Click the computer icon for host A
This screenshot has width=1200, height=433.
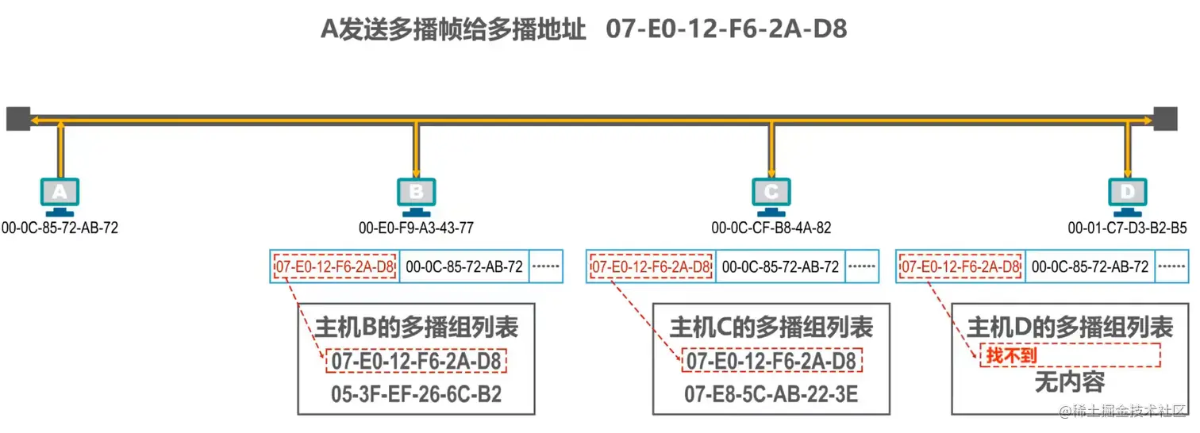tap(60, 195)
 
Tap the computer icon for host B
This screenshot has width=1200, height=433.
tap(415, 195)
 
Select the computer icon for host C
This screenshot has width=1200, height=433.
tap(771, 195)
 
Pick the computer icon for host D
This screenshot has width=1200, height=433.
tap(1127, 195)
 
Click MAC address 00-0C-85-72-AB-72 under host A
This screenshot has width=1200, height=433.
tap(60, 228)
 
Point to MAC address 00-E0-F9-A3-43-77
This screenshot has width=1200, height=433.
tap(416, 228)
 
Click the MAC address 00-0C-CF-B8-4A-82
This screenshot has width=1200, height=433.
tap(771, 228)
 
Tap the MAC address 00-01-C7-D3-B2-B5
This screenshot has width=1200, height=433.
tap(1127, 228)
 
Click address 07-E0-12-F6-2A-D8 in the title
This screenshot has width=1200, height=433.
tap(726, 29)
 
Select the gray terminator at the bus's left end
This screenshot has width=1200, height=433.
tap(17, 119)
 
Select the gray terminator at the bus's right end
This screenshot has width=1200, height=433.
tap(1166, 119)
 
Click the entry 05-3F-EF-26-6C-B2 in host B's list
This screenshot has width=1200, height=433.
tap(417, 394)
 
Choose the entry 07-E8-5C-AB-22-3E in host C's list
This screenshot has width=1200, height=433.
tap(771, 394)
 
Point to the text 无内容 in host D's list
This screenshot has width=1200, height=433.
tap(1069, 383)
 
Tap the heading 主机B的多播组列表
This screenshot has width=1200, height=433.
tap(417, 328)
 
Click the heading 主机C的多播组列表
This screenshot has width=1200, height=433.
tap(771, 328)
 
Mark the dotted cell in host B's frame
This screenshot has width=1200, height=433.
tap(545, 266)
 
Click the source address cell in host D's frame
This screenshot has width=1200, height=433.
tap(1090, 266)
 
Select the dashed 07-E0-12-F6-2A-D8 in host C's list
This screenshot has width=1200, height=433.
tap(771, 362)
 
